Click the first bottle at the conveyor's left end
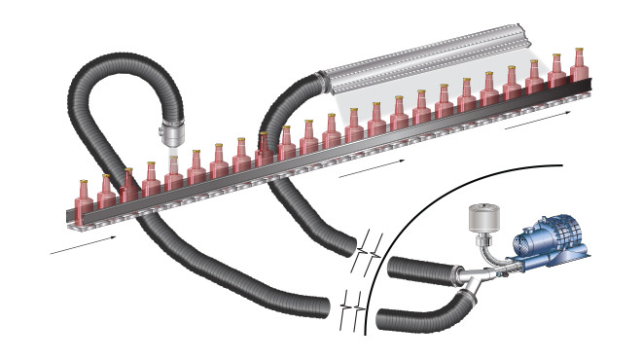(84, 198)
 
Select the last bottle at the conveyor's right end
(579, 65)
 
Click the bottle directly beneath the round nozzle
(173, 171)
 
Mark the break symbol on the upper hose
(368, 248)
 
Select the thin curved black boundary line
(389, 243)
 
